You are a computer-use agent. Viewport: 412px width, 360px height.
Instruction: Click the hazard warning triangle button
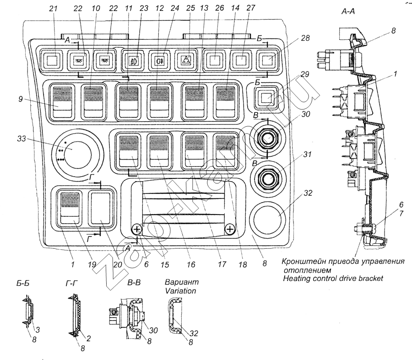(x=186, y=60)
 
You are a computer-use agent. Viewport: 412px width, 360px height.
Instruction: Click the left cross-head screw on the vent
(x=136, y=230)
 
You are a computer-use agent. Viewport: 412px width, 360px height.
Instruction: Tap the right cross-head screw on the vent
(x=230, y=229)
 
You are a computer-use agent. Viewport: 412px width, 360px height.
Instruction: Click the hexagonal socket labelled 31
(x=267, y=178)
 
